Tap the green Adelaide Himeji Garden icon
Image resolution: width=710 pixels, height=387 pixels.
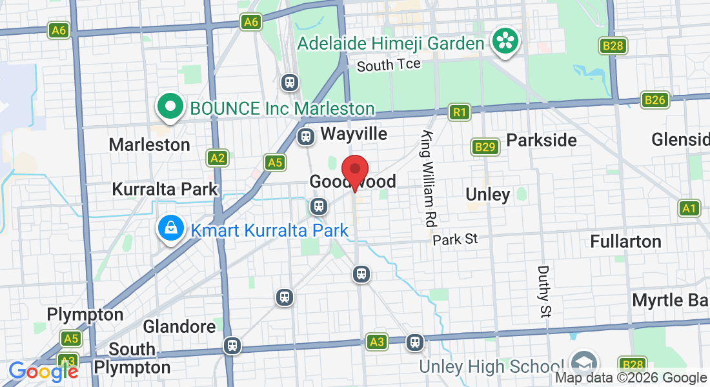tap(505, 41)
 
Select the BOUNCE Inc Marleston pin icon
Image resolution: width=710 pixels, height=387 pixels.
tap(170, 106)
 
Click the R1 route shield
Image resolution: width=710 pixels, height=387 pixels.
tap(459, 113)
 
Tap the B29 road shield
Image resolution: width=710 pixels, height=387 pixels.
tap(484, 148)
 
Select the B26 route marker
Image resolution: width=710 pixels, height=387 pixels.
tap(654, 100)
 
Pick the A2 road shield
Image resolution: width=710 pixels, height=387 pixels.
tap(218, 157)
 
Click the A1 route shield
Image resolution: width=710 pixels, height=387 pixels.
tap(690, 208)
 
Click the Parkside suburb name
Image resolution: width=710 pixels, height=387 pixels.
tap(541, 140)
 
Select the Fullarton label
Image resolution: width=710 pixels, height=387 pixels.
tap(625, 242)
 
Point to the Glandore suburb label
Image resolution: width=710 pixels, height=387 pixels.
tap(179, 326)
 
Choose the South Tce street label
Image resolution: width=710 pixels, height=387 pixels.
tap(389, 64)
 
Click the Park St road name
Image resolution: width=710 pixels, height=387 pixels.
tap(455, 239)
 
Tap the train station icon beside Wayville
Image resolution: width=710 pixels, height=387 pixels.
tap(306, 136)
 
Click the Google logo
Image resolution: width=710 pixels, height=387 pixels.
tap(43, 372)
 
